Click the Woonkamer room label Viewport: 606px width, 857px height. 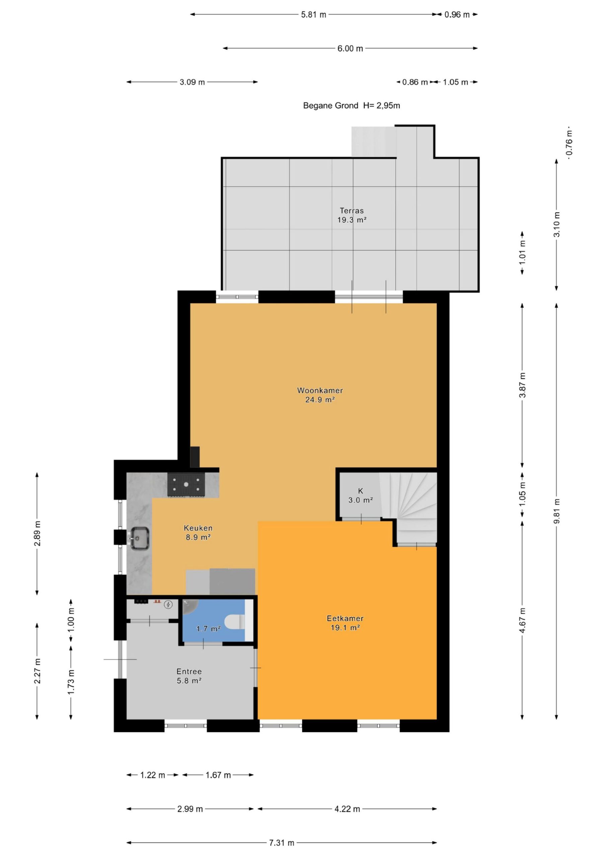click(320, 395)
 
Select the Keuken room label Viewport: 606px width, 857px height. click(198, 533)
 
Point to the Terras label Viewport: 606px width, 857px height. click(352, 215)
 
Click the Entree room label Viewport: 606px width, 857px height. click(189, 676)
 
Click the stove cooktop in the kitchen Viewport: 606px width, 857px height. click(186, 485)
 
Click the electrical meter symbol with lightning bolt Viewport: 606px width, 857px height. click(168, 604)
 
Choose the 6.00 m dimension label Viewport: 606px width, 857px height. click(350, 49)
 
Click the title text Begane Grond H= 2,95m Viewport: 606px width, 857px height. click(351, 106)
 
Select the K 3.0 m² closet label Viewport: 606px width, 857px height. click(360, 495)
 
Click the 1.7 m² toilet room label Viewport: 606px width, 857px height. click(208, 629)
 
